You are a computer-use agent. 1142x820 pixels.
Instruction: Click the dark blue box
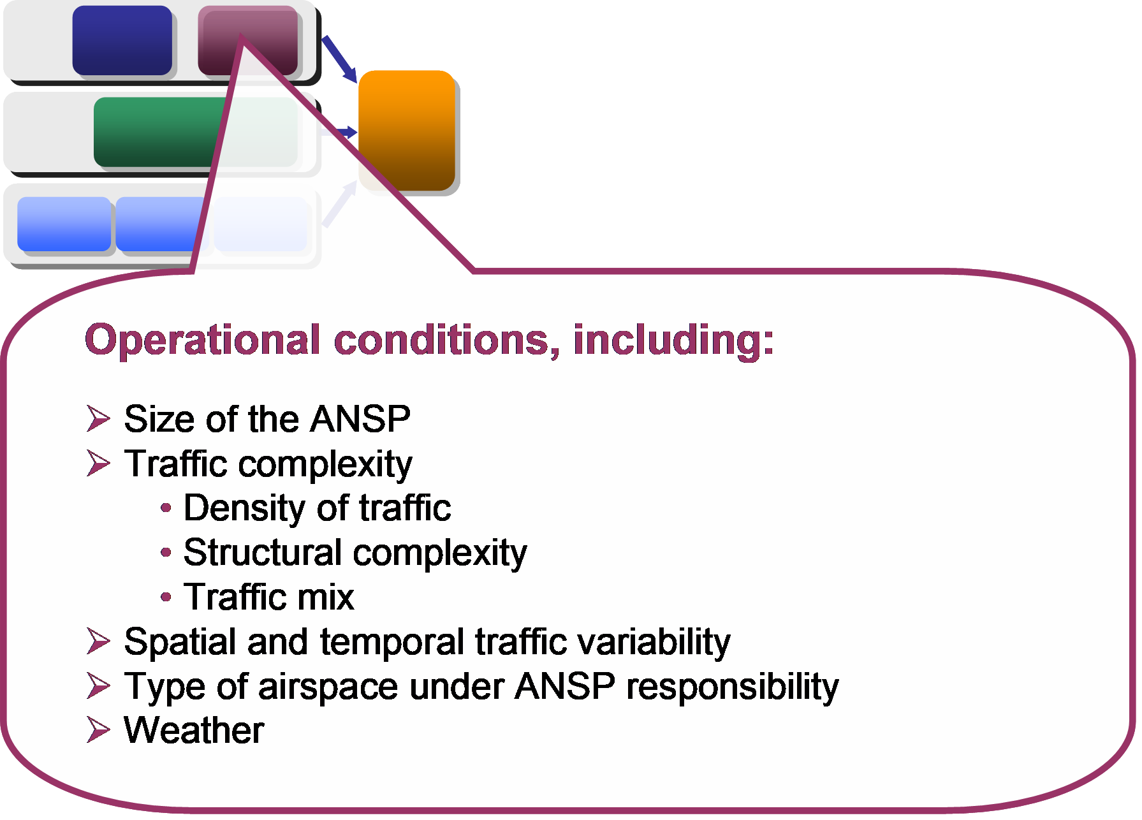coord(122,40)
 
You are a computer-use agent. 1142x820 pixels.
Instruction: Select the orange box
coord(407,130)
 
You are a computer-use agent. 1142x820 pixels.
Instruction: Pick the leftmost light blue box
coord(64,224)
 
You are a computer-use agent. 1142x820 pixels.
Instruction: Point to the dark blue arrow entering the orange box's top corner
coord(339,59)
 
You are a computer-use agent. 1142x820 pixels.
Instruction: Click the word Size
coord(159,419)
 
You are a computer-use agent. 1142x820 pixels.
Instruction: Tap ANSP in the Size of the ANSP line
coord(361,419)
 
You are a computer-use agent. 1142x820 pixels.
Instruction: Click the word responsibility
coord(733,687)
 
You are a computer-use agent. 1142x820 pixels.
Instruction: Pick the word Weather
coord(194,730)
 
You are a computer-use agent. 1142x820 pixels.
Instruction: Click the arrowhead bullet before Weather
coord(98,730)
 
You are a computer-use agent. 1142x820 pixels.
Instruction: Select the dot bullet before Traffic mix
coord(166,597)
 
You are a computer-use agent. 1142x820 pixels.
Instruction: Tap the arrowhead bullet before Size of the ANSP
coord(98,419)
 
